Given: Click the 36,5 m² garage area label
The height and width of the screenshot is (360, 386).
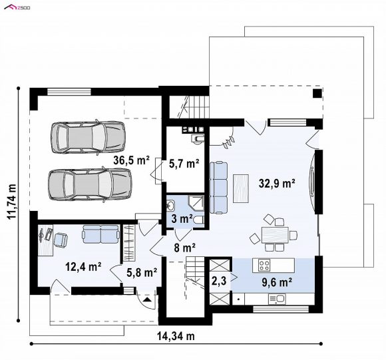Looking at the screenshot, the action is click(x=131, y=160).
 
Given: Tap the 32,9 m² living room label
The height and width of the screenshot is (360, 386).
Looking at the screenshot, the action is click(x=277, y=183).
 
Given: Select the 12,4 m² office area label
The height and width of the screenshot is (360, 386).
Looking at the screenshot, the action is click(x=83, y=266).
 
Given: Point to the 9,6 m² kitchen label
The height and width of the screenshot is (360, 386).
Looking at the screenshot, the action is click(x=277, y=283).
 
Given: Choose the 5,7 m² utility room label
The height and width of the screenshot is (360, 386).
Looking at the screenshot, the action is click(x=184, y=164).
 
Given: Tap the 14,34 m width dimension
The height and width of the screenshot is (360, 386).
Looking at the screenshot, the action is click(x=176, y=336).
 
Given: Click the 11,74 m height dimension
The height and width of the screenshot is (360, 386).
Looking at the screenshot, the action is click(x=11, y=201).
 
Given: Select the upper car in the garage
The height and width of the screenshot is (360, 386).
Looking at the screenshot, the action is click(x=88, y=137).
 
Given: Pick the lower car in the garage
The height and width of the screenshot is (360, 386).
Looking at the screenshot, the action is click(x=90, y=185).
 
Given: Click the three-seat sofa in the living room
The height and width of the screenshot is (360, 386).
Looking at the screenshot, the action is click(x=218, y=188).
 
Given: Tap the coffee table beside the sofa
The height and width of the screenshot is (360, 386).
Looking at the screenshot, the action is click(x=240, y=188).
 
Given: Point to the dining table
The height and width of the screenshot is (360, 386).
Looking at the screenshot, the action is click(x=275, y=236).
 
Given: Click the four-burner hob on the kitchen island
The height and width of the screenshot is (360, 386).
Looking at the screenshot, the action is click(x=264, y=266).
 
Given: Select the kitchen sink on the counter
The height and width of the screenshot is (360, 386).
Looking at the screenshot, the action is click(x=277, y=299).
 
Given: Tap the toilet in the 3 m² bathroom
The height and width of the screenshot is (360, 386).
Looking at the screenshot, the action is click(x=199, y=220).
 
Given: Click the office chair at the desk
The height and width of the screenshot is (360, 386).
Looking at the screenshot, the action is click(x=61, y=240).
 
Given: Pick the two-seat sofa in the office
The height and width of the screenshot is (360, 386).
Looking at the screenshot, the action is click(x=100, y=234).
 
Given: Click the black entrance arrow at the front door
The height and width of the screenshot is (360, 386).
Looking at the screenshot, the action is click(x=147, y=299).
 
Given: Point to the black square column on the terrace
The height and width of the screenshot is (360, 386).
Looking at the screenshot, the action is click(x=317, y=93).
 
